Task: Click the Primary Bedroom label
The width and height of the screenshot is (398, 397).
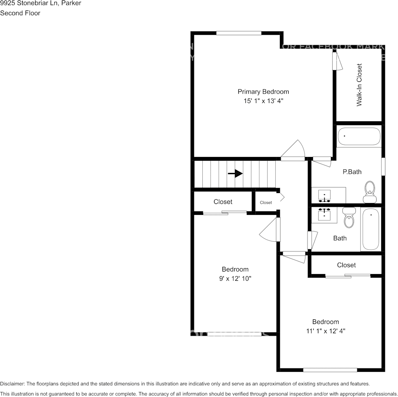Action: point(263,91)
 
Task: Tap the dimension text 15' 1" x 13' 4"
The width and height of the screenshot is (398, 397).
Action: point(263,101)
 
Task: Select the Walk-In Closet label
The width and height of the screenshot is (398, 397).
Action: point(359,85)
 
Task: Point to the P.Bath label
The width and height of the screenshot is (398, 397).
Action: point(352,172)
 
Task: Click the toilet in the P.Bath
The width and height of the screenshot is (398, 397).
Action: point(370,192)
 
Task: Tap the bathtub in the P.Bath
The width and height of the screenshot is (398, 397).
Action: point(359,136)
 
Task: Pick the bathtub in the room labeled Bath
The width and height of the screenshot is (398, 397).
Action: point(370,230)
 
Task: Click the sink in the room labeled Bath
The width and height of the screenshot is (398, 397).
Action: point(325,214)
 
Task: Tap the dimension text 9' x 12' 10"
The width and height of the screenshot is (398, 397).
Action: point(235,278)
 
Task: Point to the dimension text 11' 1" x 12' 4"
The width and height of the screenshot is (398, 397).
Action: point(325,331)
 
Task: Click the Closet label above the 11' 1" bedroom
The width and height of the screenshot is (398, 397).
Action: point(346,265)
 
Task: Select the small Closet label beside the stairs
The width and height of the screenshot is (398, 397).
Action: point(266,202)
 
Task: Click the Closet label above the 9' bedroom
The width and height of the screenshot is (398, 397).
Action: point(223,202)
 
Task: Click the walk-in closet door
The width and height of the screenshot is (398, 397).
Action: point(337,61)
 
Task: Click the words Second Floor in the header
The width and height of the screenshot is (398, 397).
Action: point(20,13)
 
